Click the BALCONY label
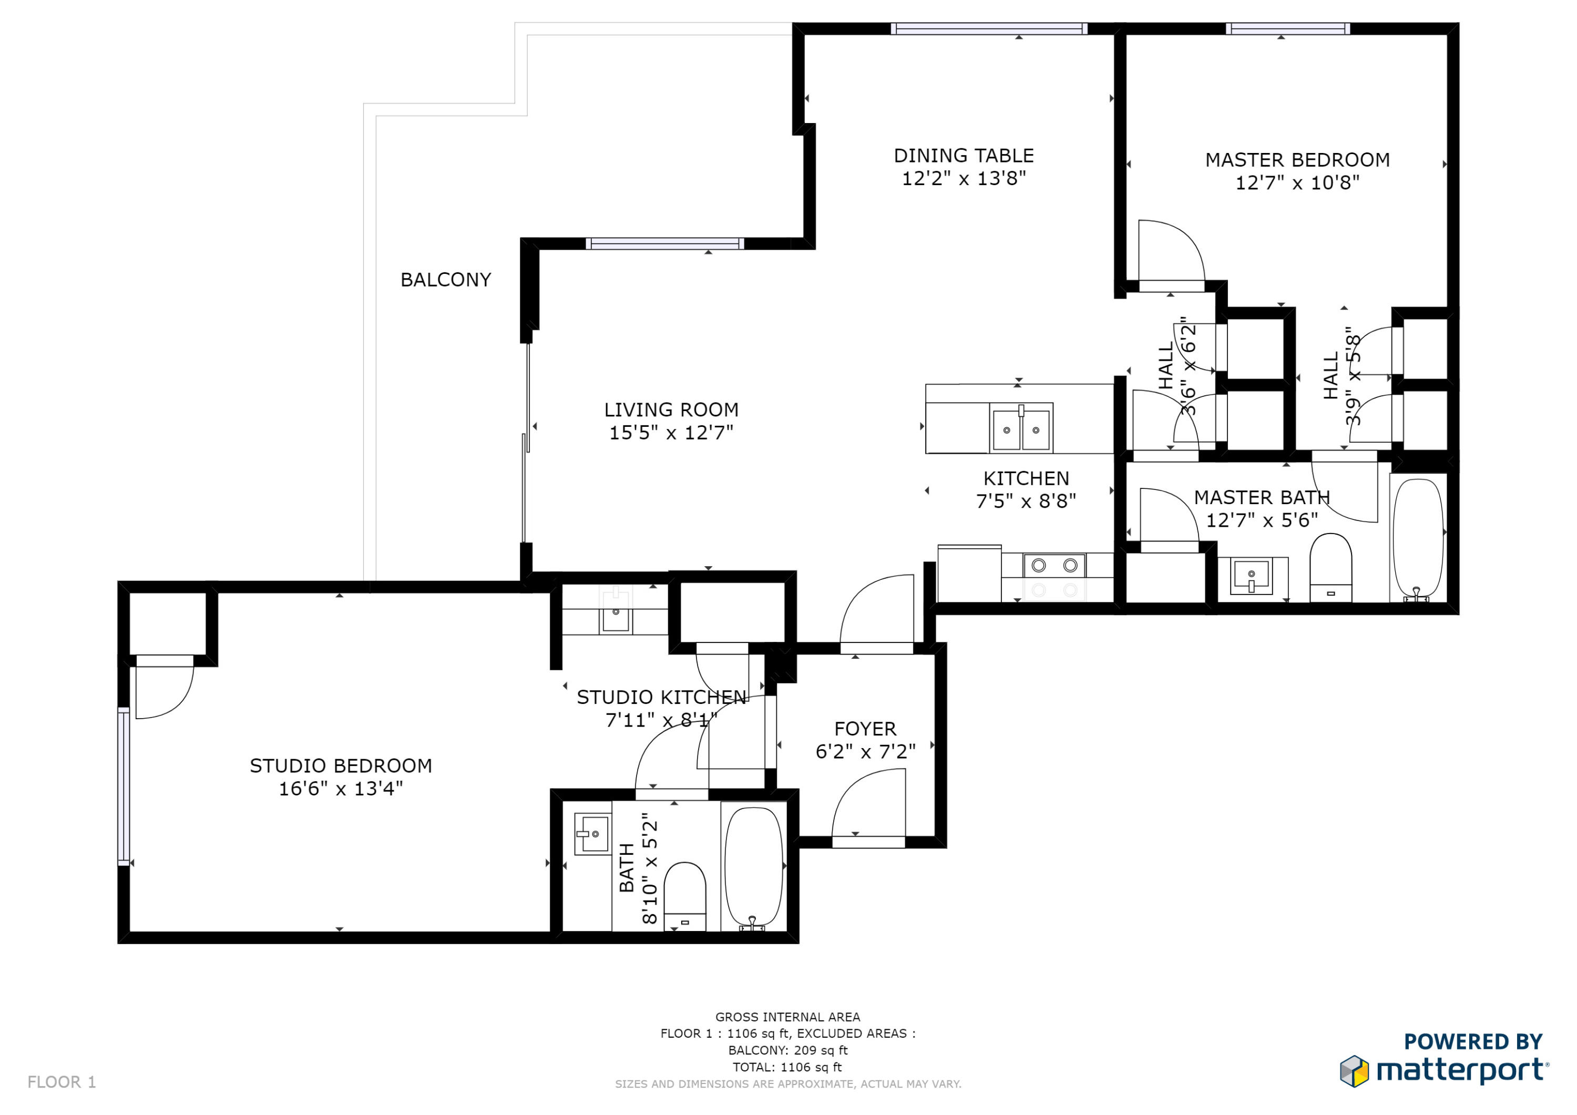tap(446, 280)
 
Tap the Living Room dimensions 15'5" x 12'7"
tap(671, 433)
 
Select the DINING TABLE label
tap(964, 156)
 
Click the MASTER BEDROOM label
tap(1297, 160)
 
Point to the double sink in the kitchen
tap(1021, 428)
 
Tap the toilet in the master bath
tap(1330, 567)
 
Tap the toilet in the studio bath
tap(685, 896)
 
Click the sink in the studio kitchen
tap(616, 613)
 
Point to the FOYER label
tap(865, 729)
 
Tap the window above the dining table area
tap(989, 29)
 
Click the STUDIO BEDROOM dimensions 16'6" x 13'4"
tap(341, 789)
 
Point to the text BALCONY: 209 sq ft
tap(788, 1050)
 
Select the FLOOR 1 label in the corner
tap(62, 1082)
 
